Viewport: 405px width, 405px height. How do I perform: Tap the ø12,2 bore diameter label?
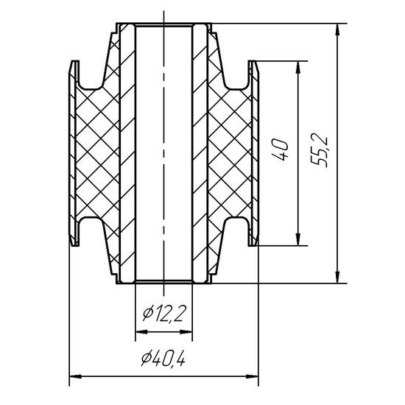(164, 315)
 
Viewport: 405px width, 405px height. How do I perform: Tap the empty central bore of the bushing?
(164, 155)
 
